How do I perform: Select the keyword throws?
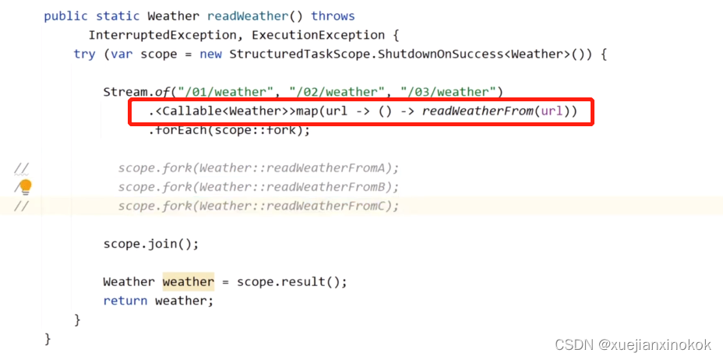(x=333, y=16)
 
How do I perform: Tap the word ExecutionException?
(x=318, y=35)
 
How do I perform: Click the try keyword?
(x=83, y=54)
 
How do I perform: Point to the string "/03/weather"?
(x=450, y=92)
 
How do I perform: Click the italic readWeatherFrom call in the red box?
(x=478, y=111)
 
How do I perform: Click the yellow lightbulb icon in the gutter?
(x=25, y=186)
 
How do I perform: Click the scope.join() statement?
(x=150, y=244)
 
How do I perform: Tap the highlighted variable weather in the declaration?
(x=188, y=281)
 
